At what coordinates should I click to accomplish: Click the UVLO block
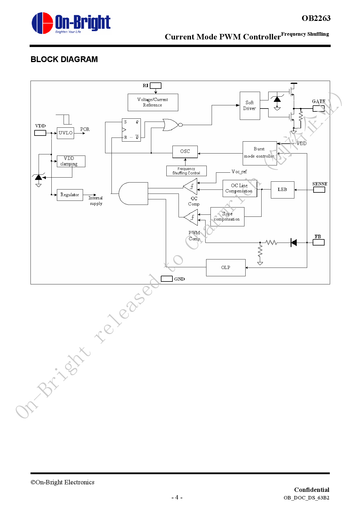coord(65,133)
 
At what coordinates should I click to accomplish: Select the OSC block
coord(185,151)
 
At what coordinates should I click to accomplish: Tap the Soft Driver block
coord(250,106)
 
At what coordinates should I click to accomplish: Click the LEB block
coord(282,190)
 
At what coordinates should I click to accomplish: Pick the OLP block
coord(226,268)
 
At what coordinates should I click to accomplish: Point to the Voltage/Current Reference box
coord(153,102)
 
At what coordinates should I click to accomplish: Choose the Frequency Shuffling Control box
coord(186,171)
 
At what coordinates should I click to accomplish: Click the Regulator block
coord(70,195)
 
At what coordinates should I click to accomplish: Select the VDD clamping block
coord(71,161)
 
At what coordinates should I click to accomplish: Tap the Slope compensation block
coord(227,217)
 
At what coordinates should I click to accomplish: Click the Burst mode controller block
coord(260,153)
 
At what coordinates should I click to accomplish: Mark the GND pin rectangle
coord(167,279)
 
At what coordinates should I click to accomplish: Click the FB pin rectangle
coord(318,242)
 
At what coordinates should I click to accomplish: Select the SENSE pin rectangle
coord(319,190)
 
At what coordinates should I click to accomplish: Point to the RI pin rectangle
coord(156,86)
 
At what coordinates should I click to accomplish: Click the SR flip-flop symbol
coord(131,130)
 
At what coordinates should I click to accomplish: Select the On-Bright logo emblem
coord(42,23)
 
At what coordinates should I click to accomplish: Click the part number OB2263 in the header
coord(316,18)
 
